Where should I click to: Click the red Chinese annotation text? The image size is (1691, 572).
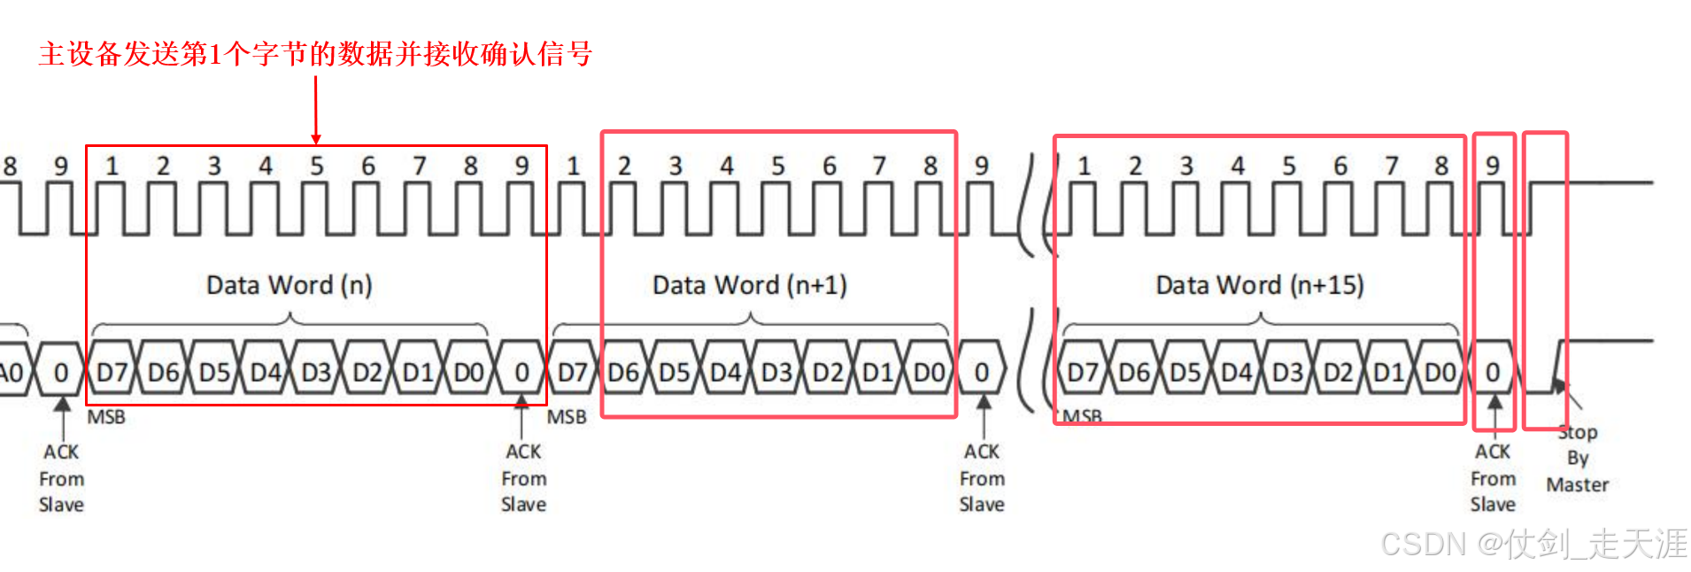tap(315, 54)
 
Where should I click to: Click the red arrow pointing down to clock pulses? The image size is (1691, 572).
tap(316, 111)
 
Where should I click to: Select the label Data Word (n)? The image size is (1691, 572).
tap(290, 285)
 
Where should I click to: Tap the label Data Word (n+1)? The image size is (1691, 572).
tap(750, 285)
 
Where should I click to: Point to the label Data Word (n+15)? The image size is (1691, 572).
tap(1260, 285)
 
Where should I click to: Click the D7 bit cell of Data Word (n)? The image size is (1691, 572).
tap(112, 372)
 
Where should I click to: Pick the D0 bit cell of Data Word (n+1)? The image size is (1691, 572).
tap(930, 372)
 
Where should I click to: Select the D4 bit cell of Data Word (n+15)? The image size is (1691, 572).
tap(1237, 372)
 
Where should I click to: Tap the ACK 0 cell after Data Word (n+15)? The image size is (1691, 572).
tap(1493, 372)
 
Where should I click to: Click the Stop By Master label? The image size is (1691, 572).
tap(1577, 458)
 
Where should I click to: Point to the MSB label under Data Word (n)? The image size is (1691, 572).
tap(106, 417)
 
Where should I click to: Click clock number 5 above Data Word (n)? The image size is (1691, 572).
tap(317, 166)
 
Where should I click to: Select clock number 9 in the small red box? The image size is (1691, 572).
tap(1493, 166)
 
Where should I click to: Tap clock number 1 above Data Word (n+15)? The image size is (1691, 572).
tap(1084, 166)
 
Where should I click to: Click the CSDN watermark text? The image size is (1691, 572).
tap(1534, 544)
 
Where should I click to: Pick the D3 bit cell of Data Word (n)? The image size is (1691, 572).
tap(316, 372)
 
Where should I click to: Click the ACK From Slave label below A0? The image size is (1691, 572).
tap(61, 478)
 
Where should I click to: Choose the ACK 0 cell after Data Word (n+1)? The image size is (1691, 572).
tap(982, 372)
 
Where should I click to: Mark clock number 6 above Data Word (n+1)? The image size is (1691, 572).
tap(829, 166)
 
